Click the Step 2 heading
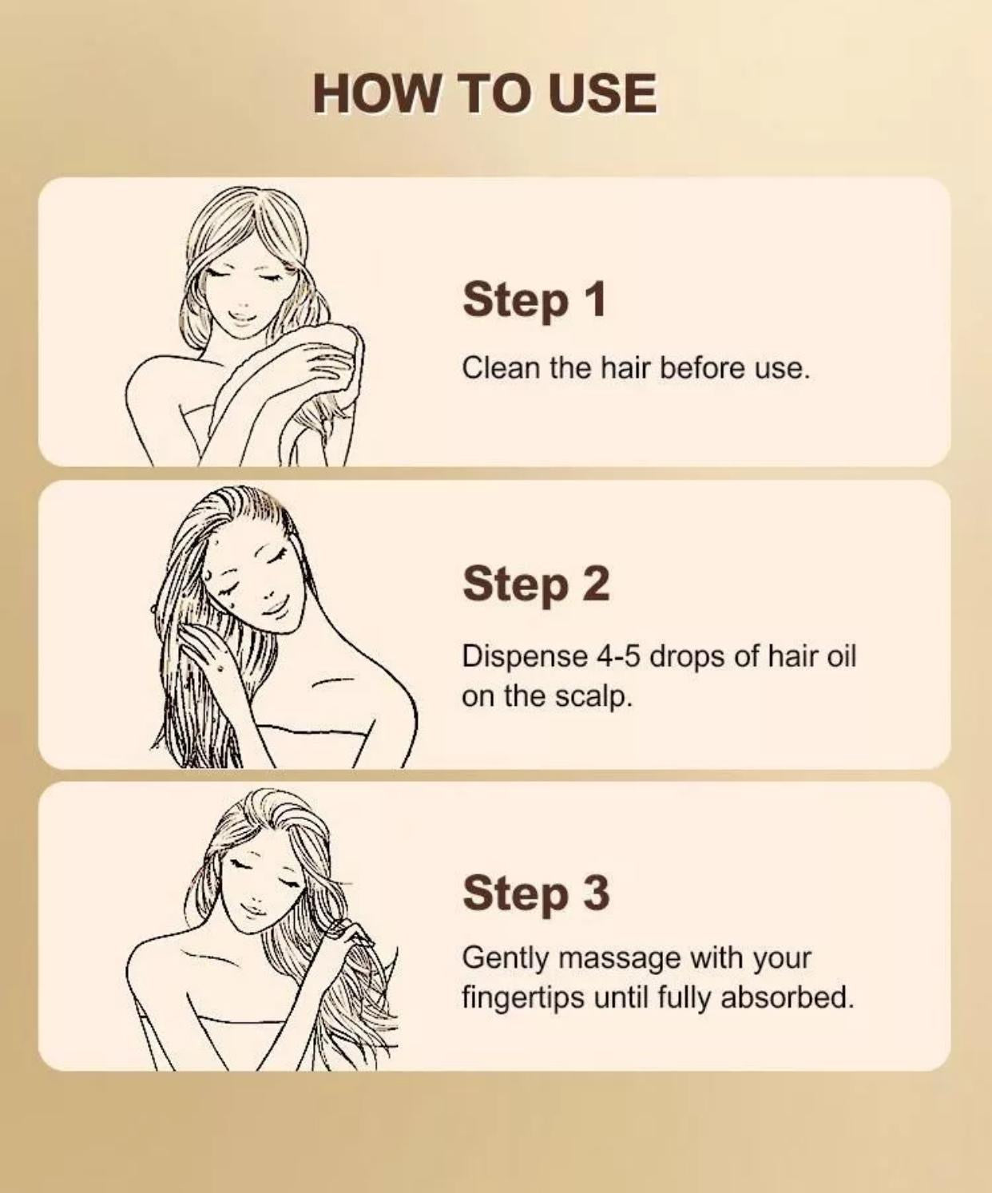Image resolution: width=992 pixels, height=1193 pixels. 536,585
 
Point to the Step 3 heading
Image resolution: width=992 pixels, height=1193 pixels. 536,892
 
